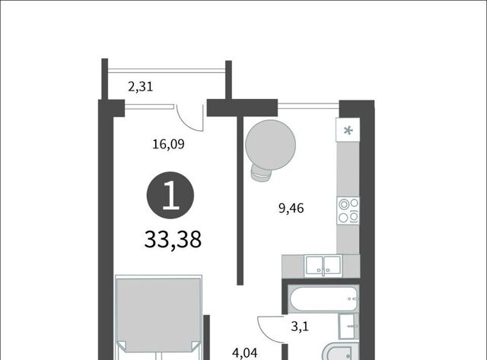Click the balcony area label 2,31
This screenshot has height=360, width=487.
point(140,87)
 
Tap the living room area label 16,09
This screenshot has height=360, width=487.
point(168,144)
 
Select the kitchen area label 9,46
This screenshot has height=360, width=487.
point(291,208)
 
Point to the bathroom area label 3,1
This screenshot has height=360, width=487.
point(300,327)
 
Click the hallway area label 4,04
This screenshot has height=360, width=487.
point(245,353)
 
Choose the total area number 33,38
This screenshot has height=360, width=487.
point(173,240)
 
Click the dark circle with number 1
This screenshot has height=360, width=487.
point(170,196)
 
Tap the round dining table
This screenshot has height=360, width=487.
point(270,145)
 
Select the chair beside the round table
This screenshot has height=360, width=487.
point(260,174)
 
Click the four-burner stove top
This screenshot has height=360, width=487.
point(349,211)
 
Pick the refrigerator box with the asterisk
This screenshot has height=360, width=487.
point(349,130)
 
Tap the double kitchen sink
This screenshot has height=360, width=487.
point(323,266)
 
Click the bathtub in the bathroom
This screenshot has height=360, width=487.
point(323,298)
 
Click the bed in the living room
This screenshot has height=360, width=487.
point(158,317)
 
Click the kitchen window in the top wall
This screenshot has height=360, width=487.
point(308,105)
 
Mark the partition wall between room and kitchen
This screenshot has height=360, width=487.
point(240,201)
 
